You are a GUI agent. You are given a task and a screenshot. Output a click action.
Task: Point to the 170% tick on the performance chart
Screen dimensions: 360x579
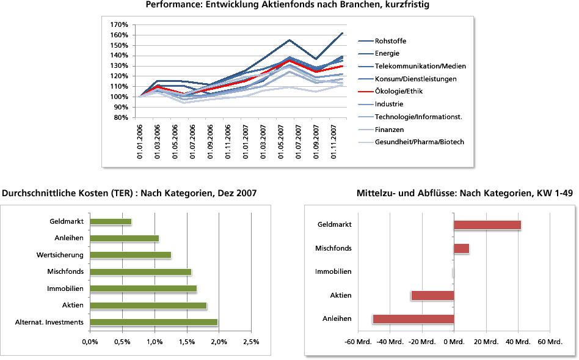coord(118,25)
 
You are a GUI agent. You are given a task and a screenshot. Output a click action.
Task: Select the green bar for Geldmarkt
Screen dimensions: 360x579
coord(111,221)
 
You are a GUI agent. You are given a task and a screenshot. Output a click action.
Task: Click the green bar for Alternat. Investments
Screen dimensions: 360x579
coord(153,322)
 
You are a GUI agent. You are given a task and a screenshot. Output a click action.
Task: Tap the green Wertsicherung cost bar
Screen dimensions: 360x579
coord(130,255)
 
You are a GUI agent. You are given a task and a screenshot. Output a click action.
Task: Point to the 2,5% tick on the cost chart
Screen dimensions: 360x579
coord(251,341)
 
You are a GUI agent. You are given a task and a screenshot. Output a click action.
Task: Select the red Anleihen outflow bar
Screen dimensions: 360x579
coord(413,318)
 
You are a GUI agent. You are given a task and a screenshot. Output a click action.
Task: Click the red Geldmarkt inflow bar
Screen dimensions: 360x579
coord(487,225)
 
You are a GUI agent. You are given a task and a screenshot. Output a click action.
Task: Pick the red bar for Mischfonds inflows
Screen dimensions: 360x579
coord(461,248)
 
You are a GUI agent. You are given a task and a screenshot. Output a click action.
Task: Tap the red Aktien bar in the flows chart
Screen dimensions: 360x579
coord(433,295)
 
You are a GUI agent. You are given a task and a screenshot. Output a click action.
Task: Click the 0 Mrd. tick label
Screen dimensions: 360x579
coord(453,341)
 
